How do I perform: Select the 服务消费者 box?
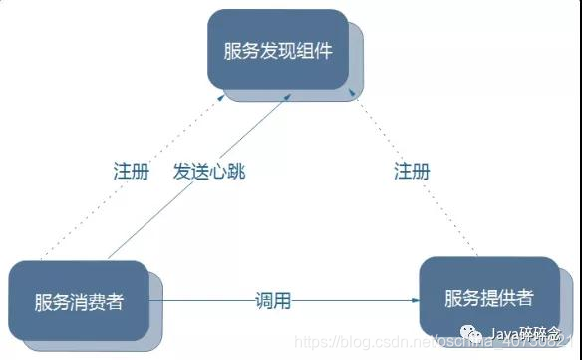[x=78, y=302]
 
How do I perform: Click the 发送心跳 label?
[x=208, y=171]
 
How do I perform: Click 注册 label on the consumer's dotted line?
[x=131, y=171]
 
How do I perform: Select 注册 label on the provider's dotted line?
[x=412, y=171]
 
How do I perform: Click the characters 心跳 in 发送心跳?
[x=226, y=171]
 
